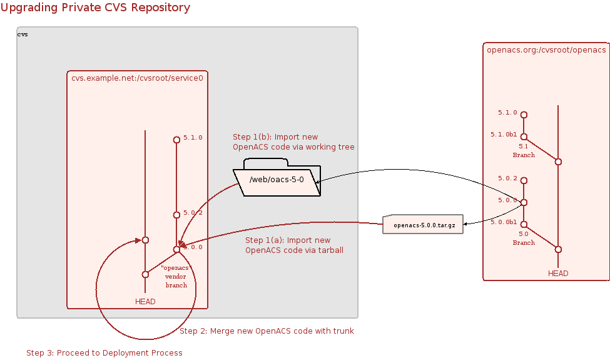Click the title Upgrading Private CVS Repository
(95, 8)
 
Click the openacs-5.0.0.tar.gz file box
(423, 225)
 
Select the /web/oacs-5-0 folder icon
(277, 180)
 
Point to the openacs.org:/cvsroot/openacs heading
(546, 49)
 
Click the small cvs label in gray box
(23, 34)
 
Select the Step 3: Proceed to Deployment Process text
(104, 353)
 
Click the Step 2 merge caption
(267, 331)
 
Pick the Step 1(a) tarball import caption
(294, 245)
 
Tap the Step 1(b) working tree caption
(293, 142)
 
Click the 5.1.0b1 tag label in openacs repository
(504, 134)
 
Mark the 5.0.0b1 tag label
(504, 222)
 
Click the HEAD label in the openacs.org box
(558, 273)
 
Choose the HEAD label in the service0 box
(145, 301)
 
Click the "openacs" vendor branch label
(176, 276)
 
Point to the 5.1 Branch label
(524, 150)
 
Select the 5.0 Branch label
(524, 238)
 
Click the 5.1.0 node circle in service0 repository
(176, 140)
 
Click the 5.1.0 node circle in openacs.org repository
(524, 115)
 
